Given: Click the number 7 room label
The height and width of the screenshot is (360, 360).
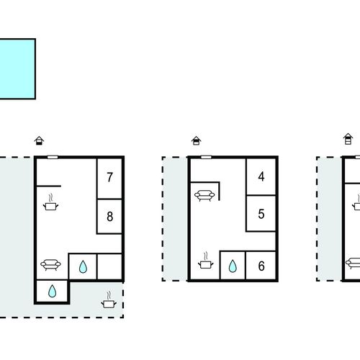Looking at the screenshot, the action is coord(110,177).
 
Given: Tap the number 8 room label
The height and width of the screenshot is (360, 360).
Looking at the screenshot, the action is coord(110,216).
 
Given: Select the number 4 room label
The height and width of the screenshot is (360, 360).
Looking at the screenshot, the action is coord(261,176).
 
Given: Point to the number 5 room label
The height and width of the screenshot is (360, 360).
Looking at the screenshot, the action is coord(261,214).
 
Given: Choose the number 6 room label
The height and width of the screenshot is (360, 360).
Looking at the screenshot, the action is coord(261,266).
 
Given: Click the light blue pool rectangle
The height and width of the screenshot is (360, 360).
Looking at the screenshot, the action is coord(17,69).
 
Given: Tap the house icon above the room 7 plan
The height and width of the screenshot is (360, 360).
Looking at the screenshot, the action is coord(39,140).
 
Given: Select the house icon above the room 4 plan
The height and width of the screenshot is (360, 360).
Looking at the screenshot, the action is coord(197,140).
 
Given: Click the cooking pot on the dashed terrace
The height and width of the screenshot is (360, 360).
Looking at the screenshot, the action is coord(109,300).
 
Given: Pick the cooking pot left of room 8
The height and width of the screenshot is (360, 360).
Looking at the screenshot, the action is coord(50,202).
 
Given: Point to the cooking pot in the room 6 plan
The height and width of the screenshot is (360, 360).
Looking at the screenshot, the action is coord(206,261).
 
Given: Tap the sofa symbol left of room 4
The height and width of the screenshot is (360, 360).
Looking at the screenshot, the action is coord(204,196).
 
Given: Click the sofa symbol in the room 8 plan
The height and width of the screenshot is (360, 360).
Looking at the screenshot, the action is coord(50,265).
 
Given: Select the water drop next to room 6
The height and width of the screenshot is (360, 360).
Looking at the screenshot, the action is coord(233,266).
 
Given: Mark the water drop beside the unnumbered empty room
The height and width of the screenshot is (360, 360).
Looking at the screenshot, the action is coord(83,266).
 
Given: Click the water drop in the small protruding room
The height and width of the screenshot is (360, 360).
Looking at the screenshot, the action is coord(52,291).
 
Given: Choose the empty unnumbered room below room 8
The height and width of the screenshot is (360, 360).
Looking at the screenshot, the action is coord(109,266).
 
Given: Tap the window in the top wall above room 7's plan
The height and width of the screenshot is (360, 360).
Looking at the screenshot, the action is coord(53,158).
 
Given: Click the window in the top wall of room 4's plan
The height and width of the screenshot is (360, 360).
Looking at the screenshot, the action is coord(206,158).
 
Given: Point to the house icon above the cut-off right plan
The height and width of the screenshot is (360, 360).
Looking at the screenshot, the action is coord(348,139).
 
